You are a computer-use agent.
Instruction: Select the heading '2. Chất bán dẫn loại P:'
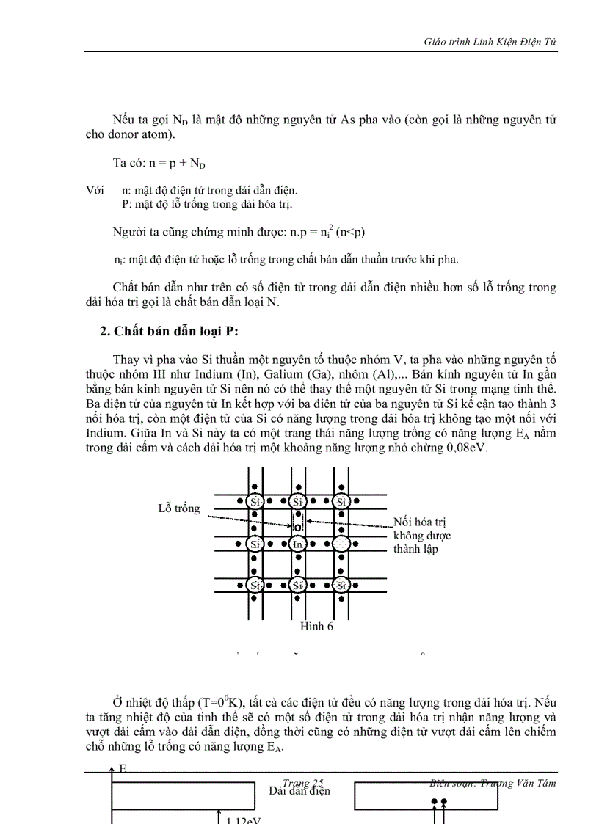pos(169,331)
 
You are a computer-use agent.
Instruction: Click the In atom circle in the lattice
pos(297,544)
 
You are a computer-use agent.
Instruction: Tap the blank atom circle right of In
pos(341,544)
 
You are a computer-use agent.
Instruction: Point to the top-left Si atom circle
pos(254,502)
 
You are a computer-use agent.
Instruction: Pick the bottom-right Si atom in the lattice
pos(341,585)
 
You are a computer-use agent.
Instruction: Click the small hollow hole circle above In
pos(297,527)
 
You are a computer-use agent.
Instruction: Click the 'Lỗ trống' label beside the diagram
pos(178,508)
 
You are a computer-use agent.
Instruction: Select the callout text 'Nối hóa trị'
pos(420,522)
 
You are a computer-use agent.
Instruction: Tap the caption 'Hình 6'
pos(316,626)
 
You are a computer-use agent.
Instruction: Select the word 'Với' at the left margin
pos(95,190)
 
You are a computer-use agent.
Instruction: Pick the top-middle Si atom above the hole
pos(297,502)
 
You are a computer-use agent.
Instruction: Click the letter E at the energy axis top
pos(123,768)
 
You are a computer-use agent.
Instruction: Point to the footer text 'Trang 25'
pos(302,783)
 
